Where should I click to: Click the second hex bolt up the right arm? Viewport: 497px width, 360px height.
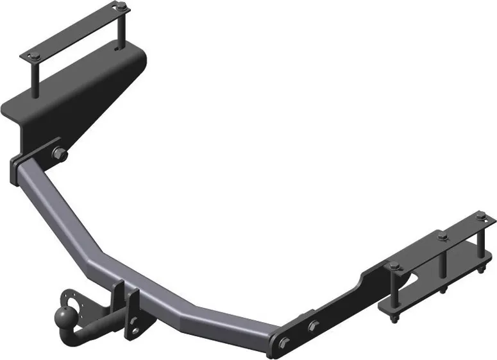pos(313,326)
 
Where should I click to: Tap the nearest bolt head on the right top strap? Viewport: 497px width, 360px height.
pos(392,266)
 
